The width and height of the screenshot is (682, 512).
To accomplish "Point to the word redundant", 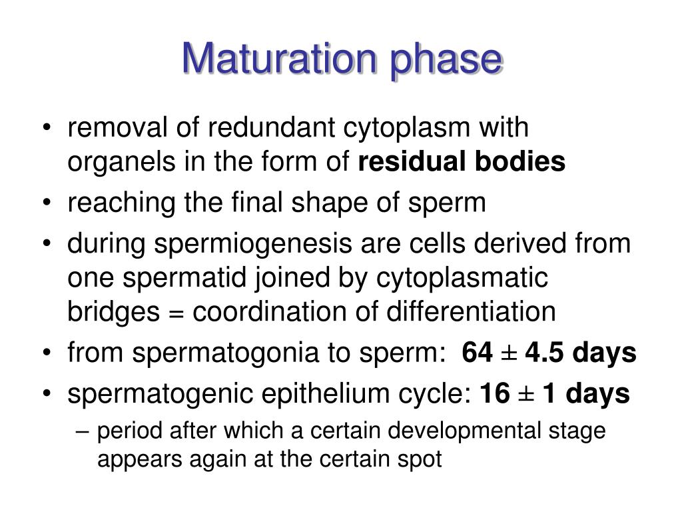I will [236, 127].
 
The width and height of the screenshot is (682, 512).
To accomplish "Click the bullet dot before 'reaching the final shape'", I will [53, 203].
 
